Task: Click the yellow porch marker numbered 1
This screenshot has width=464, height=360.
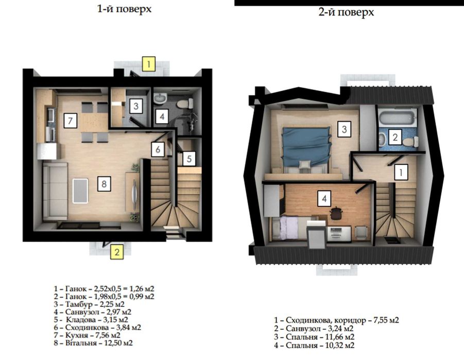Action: coord(148,64)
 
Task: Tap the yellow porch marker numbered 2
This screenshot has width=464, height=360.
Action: coord(117,252)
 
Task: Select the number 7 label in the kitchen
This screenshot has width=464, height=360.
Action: coord(71,121)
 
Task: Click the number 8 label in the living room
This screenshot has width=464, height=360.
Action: coord(104,184)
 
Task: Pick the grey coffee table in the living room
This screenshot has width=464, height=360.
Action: coord(80,191)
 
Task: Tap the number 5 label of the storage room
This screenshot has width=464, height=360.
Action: coord(190,159)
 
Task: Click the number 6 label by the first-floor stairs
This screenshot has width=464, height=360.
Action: coord(158,149)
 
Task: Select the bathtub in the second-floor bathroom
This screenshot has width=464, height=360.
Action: coord(397,118)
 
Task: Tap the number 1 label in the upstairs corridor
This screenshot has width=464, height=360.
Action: coord(401,172)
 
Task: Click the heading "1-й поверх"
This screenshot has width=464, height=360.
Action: coord(124,9)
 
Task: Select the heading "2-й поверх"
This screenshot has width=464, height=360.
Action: coord(346,12)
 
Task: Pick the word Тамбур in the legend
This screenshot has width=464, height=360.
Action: coord(78,304)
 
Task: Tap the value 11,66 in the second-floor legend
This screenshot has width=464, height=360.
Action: coord(332,337)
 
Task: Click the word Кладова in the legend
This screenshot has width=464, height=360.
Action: coord(81,320)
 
